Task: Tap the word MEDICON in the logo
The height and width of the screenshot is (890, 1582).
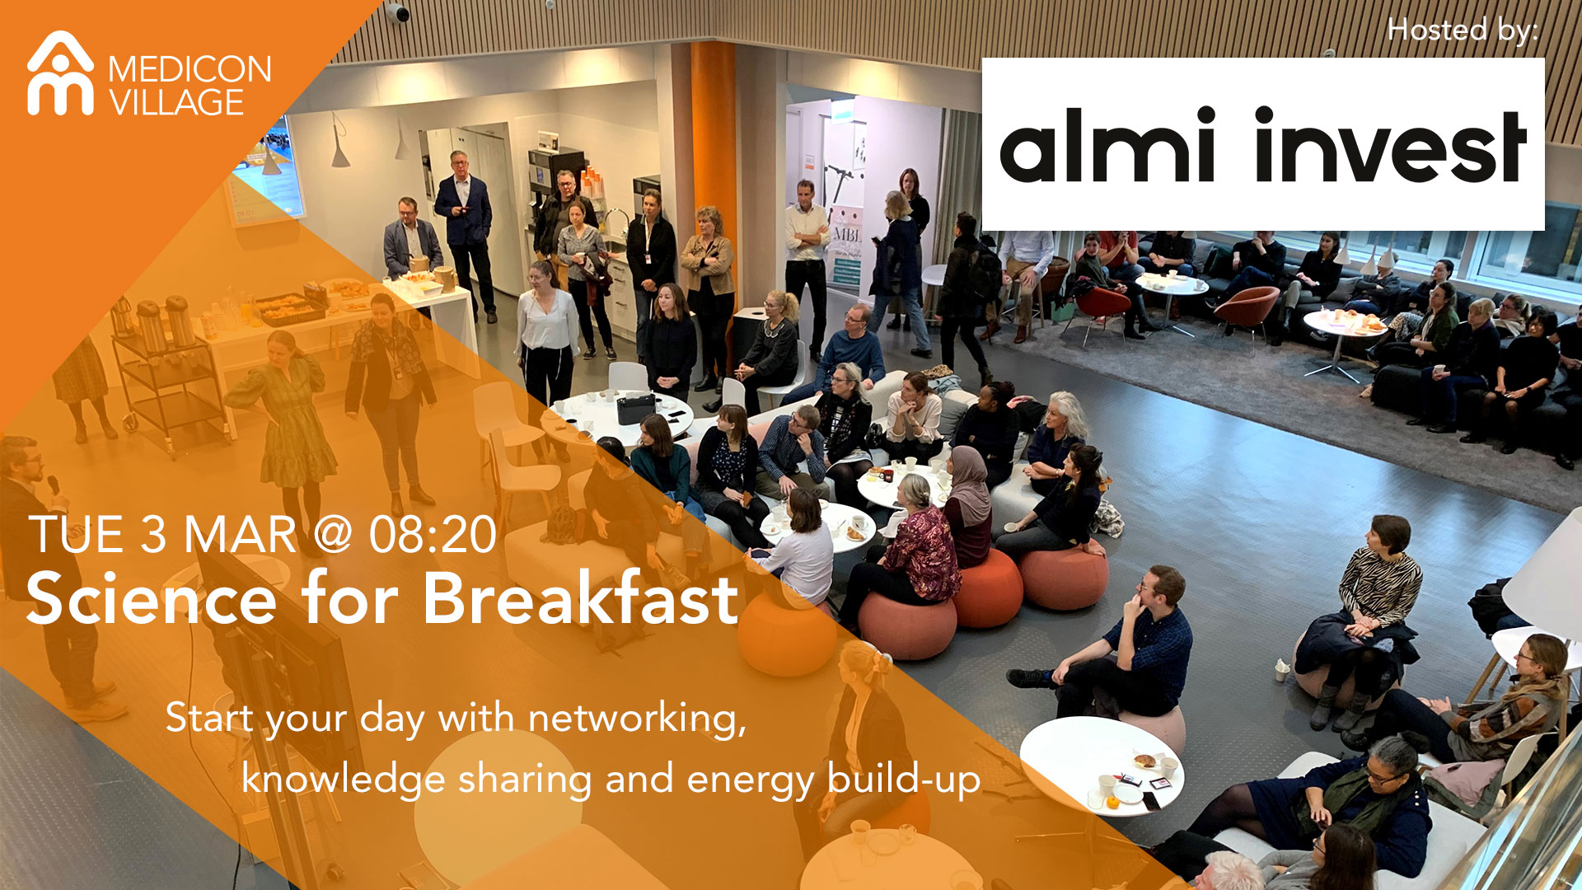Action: coord(190,70)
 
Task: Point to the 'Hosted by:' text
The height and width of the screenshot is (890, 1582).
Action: coord(1463,30)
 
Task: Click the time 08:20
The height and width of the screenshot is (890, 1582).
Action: coord(433,535)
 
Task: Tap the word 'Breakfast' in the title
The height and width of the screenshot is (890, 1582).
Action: coord(580,597)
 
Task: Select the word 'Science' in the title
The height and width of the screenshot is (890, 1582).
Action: coord(152,599)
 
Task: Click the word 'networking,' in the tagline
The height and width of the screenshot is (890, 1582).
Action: coord(637,719)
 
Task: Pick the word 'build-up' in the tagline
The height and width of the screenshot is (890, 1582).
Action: coord(904,779)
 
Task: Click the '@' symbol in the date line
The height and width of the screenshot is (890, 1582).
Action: coord(333,535)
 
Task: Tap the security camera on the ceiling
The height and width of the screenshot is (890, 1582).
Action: coord(398,12)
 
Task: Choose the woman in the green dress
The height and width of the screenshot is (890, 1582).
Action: coord(288,420)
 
